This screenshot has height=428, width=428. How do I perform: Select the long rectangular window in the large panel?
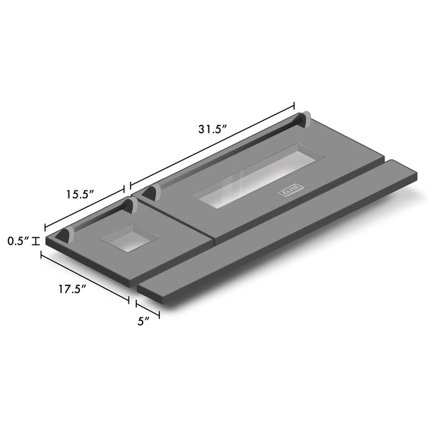(x=260, y=177)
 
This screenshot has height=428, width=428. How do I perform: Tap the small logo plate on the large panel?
(x=291, y=190)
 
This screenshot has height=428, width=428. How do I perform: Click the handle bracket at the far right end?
(x=305, y=118)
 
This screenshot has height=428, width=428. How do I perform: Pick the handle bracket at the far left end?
(x=66, y=235)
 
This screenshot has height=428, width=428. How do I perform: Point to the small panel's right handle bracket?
(x=130, y=207)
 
